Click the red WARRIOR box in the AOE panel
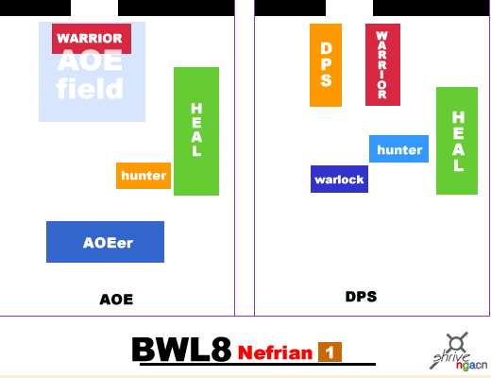[x=92, y=39]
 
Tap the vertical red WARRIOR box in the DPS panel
[x=382, y=64]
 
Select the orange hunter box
[x=144, y=176]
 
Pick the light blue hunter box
[x=398, y=149]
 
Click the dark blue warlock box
[x=339, y=179]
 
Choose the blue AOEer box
[x=105, y=242]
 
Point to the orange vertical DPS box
[x=326, y=65]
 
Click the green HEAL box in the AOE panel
[x=196, y=131]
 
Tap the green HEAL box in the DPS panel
[x=457, y=141]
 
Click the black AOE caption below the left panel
[x=116, y=300]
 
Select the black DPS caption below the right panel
[x=361, y=297]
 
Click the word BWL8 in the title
[x=181, y=350]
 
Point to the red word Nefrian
[x=275, y=352]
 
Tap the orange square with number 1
[x=330, y=352]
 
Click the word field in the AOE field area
[x=90, y=88]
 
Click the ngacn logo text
[x=471, y=366]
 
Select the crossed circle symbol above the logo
[x=456, y=342]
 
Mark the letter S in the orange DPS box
[x=326, y=80]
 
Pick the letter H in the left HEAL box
[x=196, y=109]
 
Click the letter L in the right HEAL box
[x=459, y=164]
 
